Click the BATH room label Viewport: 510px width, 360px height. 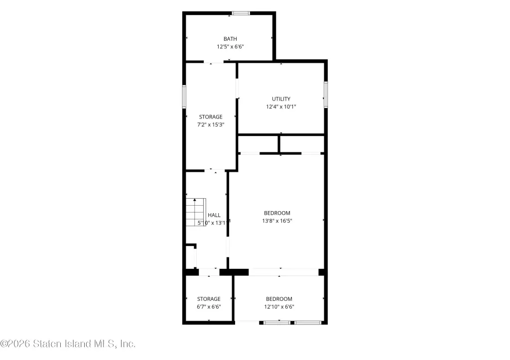coord(230,39)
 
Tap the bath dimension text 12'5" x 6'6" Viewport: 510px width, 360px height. coord(230,46)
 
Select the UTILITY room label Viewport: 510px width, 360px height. coord(281,99)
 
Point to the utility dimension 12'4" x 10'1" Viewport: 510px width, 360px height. coord(281,107)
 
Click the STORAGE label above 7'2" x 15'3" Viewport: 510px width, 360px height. coord(211,117)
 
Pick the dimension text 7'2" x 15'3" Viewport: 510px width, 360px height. coord(211,124)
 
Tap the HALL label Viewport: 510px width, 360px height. coord(214,215)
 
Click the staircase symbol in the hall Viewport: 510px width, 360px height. coord(196,212)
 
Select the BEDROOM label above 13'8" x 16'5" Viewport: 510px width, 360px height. coord(277,213)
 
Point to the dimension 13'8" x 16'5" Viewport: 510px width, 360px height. coord(277,221)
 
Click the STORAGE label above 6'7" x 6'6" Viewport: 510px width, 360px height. coord(209,299)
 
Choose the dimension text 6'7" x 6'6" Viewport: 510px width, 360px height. coord(209,307)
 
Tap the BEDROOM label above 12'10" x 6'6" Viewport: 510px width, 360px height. coord(279,299)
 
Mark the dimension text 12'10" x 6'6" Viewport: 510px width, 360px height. coord(279,307)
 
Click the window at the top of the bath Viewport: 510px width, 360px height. coord(241,13)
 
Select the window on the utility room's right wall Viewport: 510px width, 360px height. coord(326,95)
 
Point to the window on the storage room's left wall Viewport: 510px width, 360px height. coord(184,97)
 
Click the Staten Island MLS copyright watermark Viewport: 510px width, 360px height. coord(68,344)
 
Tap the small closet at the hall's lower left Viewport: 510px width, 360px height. coord(190,256)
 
